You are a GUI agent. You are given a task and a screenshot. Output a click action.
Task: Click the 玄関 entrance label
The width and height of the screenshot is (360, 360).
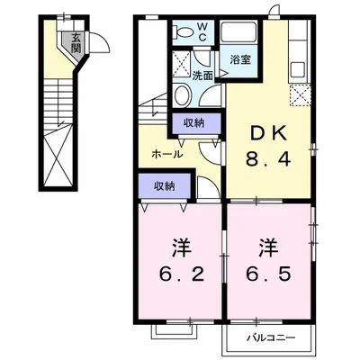click(x=76, y=43)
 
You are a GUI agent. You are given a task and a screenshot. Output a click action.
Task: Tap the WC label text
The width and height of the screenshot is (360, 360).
click(x=202, y=31)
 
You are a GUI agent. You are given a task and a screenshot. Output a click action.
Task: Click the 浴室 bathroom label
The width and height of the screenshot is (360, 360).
click(x=239, y=60)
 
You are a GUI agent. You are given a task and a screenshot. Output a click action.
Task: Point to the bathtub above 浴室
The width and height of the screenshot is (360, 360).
click(x=238, y=31)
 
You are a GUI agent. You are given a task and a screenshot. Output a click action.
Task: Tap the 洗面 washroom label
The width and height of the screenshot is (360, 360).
click(x=202, y=75)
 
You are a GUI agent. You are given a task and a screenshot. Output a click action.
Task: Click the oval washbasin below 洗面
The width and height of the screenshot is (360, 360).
click(x=182, y=94)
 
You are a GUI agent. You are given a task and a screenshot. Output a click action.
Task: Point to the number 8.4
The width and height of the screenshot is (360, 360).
click(x=268, y=158)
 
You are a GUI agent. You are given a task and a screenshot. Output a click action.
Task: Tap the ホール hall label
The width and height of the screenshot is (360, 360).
click(x=167, y=155)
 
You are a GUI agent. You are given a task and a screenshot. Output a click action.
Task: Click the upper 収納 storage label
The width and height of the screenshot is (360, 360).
click(x=193, y=122)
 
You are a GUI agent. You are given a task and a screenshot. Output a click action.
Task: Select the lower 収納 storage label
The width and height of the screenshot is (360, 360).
click(x=165, y=186)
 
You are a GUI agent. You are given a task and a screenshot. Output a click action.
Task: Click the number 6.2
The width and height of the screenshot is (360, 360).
click(x=182, y=274)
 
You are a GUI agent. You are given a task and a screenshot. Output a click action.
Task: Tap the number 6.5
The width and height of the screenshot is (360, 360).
click(x=268, y=274)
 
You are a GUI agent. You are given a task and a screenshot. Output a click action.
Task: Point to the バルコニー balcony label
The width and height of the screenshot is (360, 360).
click(x=271, y=338)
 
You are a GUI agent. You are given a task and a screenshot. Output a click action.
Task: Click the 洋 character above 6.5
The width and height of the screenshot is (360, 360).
click(x=268, y=247)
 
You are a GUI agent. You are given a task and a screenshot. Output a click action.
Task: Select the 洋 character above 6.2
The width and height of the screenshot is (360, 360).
click(x=181, y=247)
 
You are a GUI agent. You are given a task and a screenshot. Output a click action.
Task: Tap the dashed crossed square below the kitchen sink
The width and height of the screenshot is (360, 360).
click(x=300, y=95)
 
